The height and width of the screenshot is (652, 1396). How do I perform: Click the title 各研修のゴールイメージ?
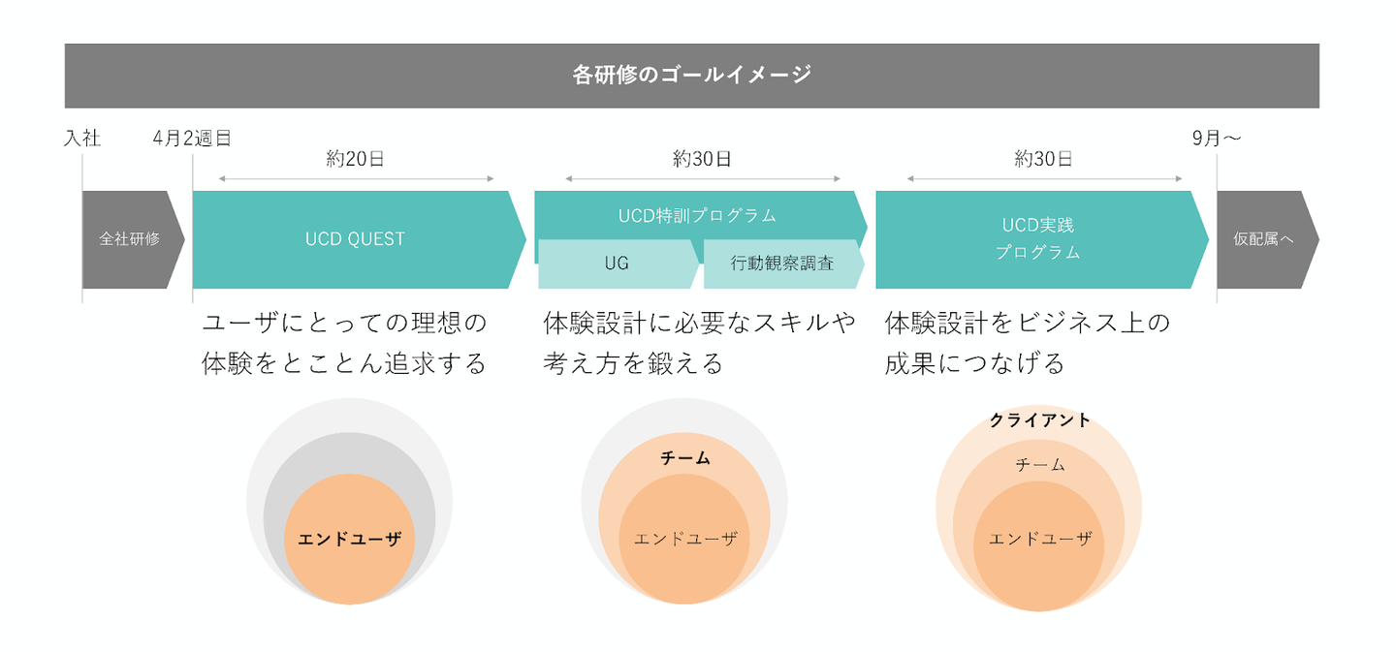click(x=691, y=75)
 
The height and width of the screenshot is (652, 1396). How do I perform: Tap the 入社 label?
click(x=82, y=139)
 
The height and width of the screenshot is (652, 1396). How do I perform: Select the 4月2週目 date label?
click(x=192, y=139)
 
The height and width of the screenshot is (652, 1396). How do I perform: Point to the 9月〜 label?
click(x=1217, y=139)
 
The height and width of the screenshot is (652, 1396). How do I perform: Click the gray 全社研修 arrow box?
click(x=130, y=239)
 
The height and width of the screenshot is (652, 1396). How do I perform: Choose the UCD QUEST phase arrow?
click(x=355, y=239)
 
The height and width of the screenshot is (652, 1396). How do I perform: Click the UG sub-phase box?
click(x=617, y=264)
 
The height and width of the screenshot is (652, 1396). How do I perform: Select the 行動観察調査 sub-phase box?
click(x=781, y=264)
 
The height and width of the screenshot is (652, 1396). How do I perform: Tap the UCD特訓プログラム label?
click(x=697, y=216)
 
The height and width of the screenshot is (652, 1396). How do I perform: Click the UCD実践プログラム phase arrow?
click(x=1038, y=239)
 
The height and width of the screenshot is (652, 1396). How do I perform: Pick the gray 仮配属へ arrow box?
click(x=1263, y=239)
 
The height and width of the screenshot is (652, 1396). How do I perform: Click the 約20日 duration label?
click(x=355, y=160)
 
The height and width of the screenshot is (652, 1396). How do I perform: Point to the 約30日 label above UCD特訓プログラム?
click(x=702, y=160)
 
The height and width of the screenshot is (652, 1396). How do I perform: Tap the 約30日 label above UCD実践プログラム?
click(x=1043, y=160)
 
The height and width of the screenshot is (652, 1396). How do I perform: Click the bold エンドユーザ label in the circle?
click(x=349, y=540)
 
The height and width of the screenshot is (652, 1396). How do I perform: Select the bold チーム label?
click(x=685, y=458)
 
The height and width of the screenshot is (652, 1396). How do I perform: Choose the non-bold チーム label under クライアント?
click(x=1040, y=466)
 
